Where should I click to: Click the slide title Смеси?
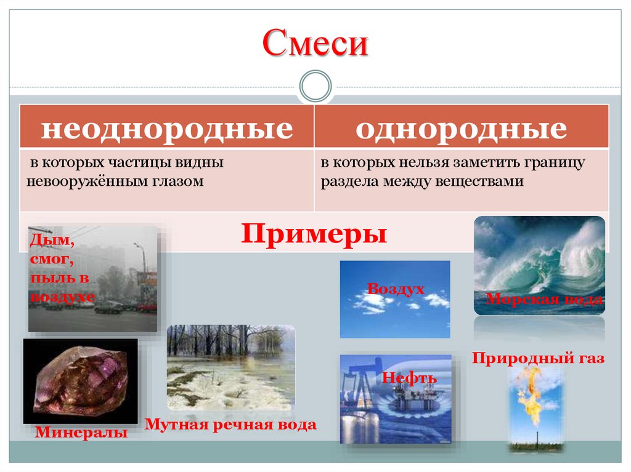click(315, 44)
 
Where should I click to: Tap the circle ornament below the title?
click(315, 86)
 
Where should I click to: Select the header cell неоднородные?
click(166, 129)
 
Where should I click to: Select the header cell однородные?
click(461, 129)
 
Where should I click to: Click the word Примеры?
click(314, 234)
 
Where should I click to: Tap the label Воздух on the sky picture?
click(396, 288)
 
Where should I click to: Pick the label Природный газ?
click(539, 358)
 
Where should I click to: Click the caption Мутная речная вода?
click(230, 424)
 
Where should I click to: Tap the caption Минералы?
click(81, 432)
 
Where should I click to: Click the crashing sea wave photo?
click(539, 258)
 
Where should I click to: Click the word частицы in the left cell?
click(149, 164)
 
